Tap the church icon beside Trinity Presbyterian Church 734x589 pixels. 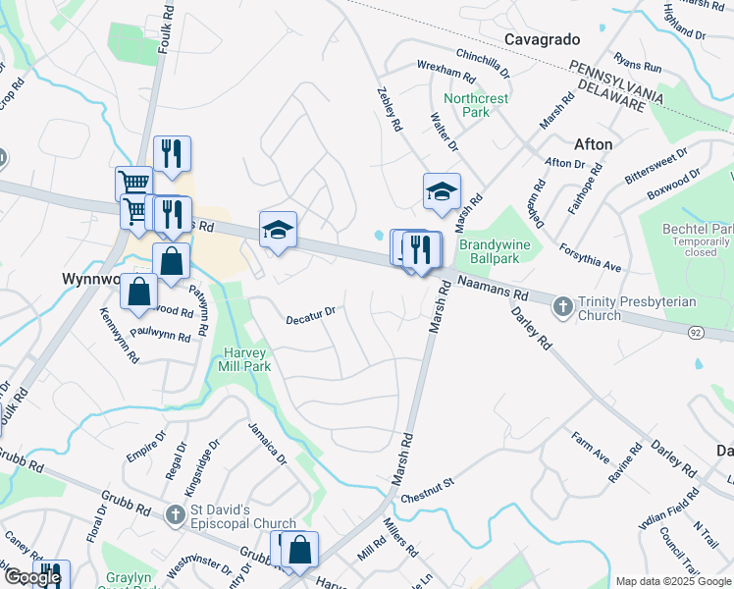[563, 307]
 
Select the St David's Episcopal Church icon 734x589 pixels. [174, 513]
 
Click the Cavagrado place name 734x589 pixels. [543, 39]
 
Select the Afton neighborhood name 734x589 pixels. [592, 144]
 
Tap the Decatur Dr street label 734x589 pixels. [310, 315]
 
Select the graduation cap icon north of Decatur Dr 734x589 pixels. [278, 230]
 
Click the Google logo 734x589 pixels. [31, 578]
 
